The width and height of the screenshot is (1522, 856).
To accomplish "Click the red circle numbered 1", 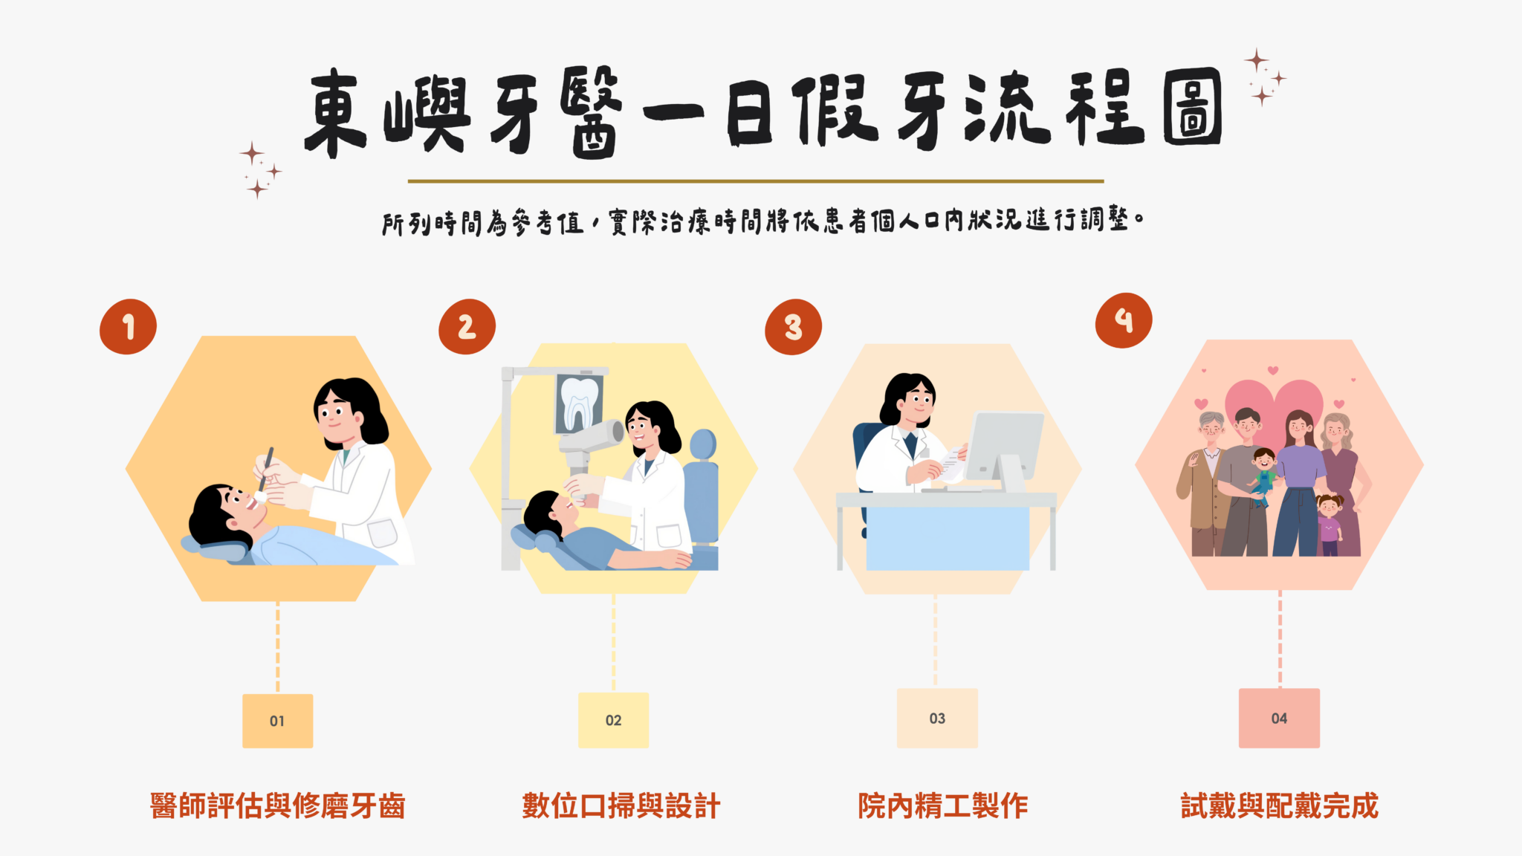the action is tap(128, 327).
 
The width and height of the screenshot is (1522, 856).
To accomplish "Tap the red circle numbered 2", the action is tap(467, 327).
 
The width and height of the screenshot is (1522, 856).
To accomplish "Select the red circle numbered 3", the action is tap(793, 327).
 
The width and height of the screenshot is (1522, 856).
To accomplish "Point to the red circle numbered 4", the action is tap(1124, 320).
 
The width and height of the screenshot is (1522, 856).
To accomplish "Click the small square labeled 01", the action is tap(277, 721).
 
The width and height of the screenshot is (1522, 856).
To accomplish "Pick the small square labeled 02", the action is tap(613, 720).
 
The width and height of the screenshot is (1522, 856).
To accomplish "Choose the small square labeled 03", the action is tap(937, 718).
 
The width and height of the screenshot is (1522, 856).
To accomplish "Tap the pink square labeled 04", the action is tap(1279, 718).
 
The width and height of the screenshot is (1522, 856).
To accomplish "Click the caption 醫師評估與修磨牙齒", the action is tap(277, 806).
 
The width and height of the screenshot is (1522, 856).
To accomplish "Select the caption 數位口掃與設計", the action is tap(621, 806).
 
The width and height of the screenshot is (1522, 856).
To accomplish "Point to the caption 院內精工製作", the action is tap(942, 806).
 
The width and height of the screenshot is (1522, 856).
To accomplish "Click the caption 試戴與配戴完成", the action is tap(1280, 806).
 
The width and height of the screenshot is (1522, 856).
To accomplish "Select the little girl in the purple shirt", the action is tap(1329, 525).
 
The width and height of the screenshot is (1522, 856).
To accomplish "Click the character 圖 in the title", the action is tap(1192, 107).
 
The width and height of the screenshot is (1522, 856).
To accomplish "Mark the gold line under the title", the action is tap(756, 181).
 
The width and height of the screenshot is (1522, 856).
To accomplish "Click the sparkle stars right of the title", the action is tap(1264, 77).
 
